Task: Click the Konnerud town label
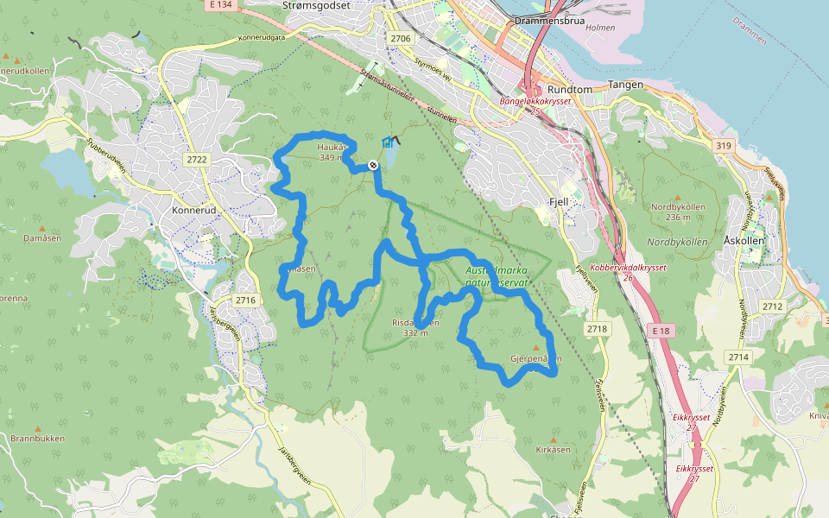click(192, 210)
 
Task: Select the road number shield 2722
click(197, 159)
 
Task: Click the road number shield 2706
click(401, 39)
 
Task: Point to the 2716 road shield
click(246, 300)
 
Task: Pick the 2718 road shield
click(597, 329)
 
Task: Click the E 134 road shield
click(220, 4)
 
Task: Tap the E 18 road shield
click(661, 330)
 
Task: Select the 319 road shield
click(724, 146)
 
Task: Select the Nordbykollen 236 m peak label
click(678, 212)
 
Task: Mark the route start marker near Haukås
click(373, 165)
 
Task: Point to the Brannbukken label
click(37, 438)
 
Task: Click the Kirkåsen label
click(554, 450)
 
